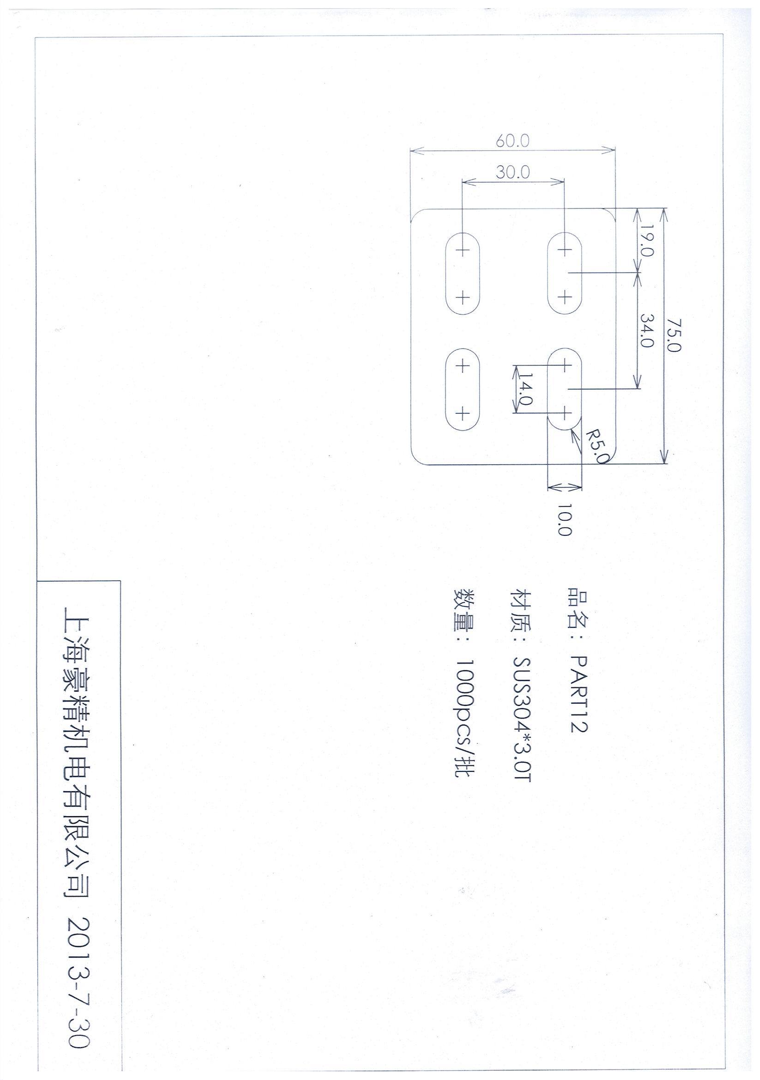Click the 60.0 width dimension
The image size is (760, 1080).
[x=513, y=140]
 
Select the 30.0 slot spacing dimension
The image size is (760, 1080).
[x=513, y=172]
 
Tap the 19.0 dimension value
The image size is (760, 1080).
[x=647, y=243]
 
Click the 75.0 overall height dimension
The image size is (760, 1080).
[x=674, y=334]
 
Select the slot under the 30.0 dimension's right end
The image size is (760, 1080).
[x=564, y=273]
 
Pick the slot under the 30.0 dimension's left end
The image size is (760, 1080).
[x=463, y=273]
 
